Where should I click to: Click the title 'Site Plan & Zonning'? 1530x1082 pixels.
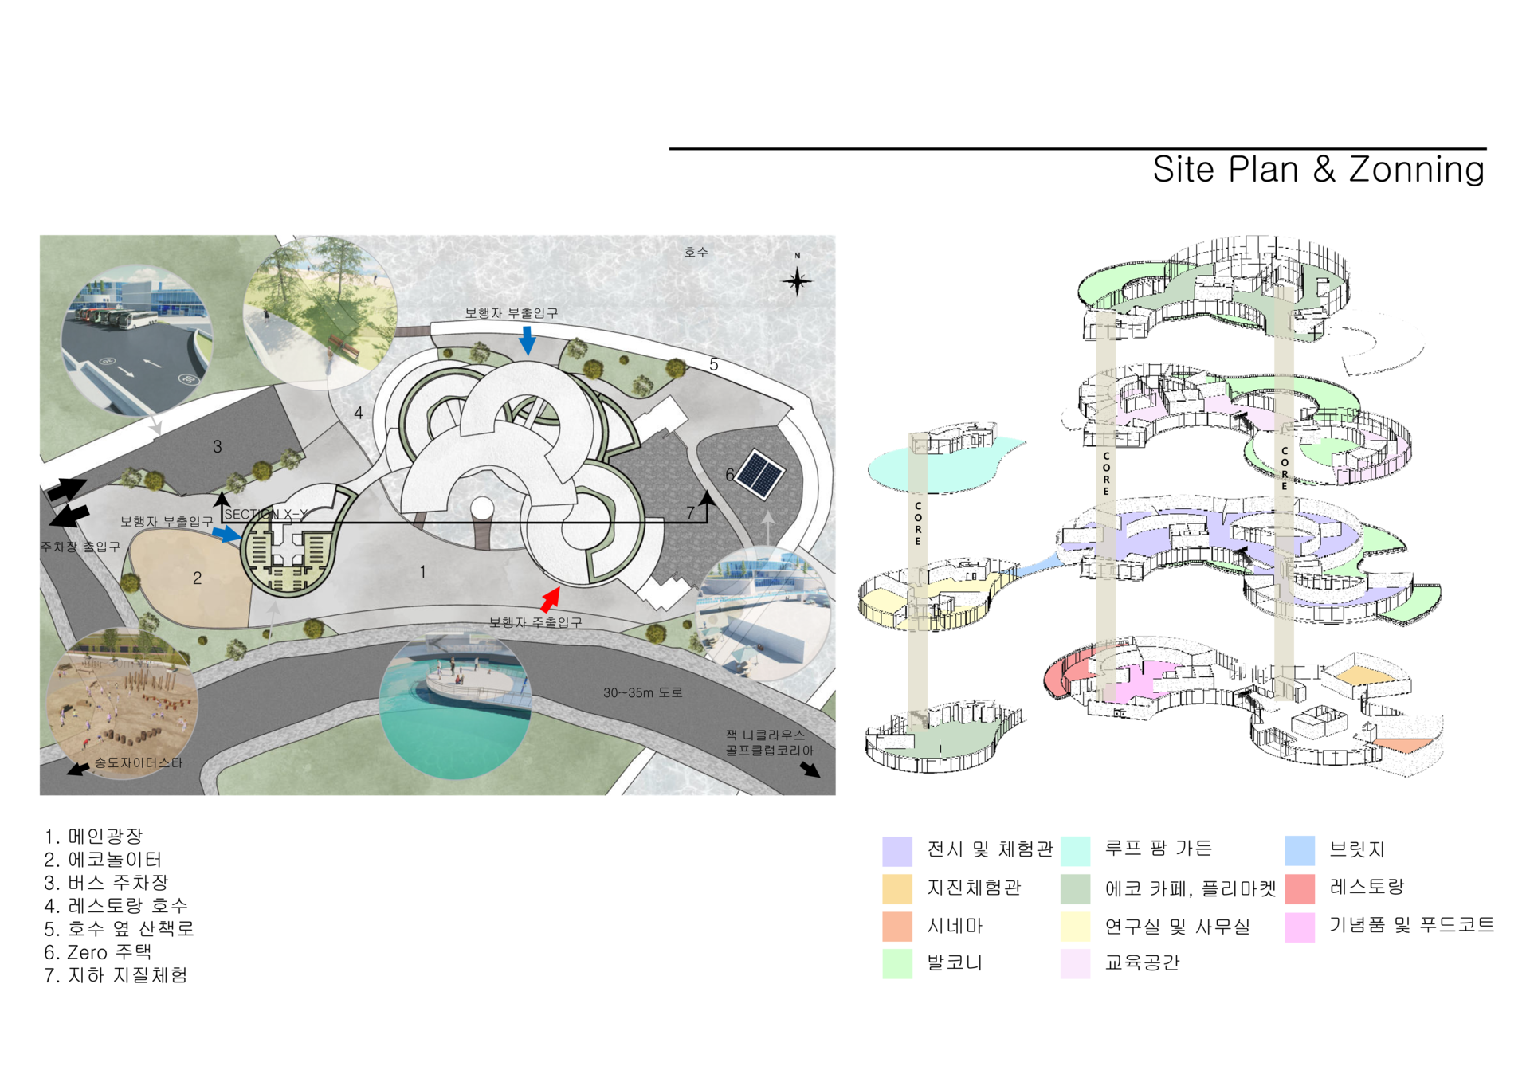tap(1318, 170)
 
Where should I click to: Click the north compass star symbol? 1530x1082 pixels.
tap(797, 280)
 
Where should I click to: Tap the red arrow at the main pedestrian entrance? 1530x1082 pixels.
tap(551, 598)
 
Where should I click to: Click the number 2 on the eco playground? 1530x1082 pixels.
tap(197, 578)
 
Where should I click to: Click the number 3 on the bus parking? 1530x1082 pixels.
tap(217, 447)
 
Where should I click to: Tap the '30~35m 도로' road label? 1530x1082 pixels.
tap(642, 692)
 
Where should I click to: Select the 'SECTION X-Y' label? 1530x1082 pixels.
tap(265, 515)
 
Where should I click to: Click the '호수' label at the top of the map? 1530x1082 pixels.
tap(696, 252)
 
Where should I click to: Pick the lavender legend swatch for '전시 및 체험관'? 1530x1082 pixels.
tap(897, 851)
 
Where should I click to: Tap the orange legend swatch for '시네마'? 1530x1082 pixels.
tap(897, 927)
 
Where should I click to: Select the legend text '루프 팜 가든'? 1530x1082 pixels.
tap(1158, 848)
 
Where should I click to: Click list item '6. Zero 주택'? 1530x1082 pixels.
tap(97, 952)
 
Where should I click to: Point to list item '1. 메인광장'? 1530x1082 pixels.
tap(93, 837)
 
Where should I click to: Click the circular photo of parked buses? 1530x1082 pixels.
tap(138, 339)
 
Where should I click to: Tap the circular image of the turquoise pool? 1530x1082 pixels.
tap(455, 705)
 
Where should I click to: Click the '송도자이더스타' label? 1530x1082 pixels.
tap(139, 762)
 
